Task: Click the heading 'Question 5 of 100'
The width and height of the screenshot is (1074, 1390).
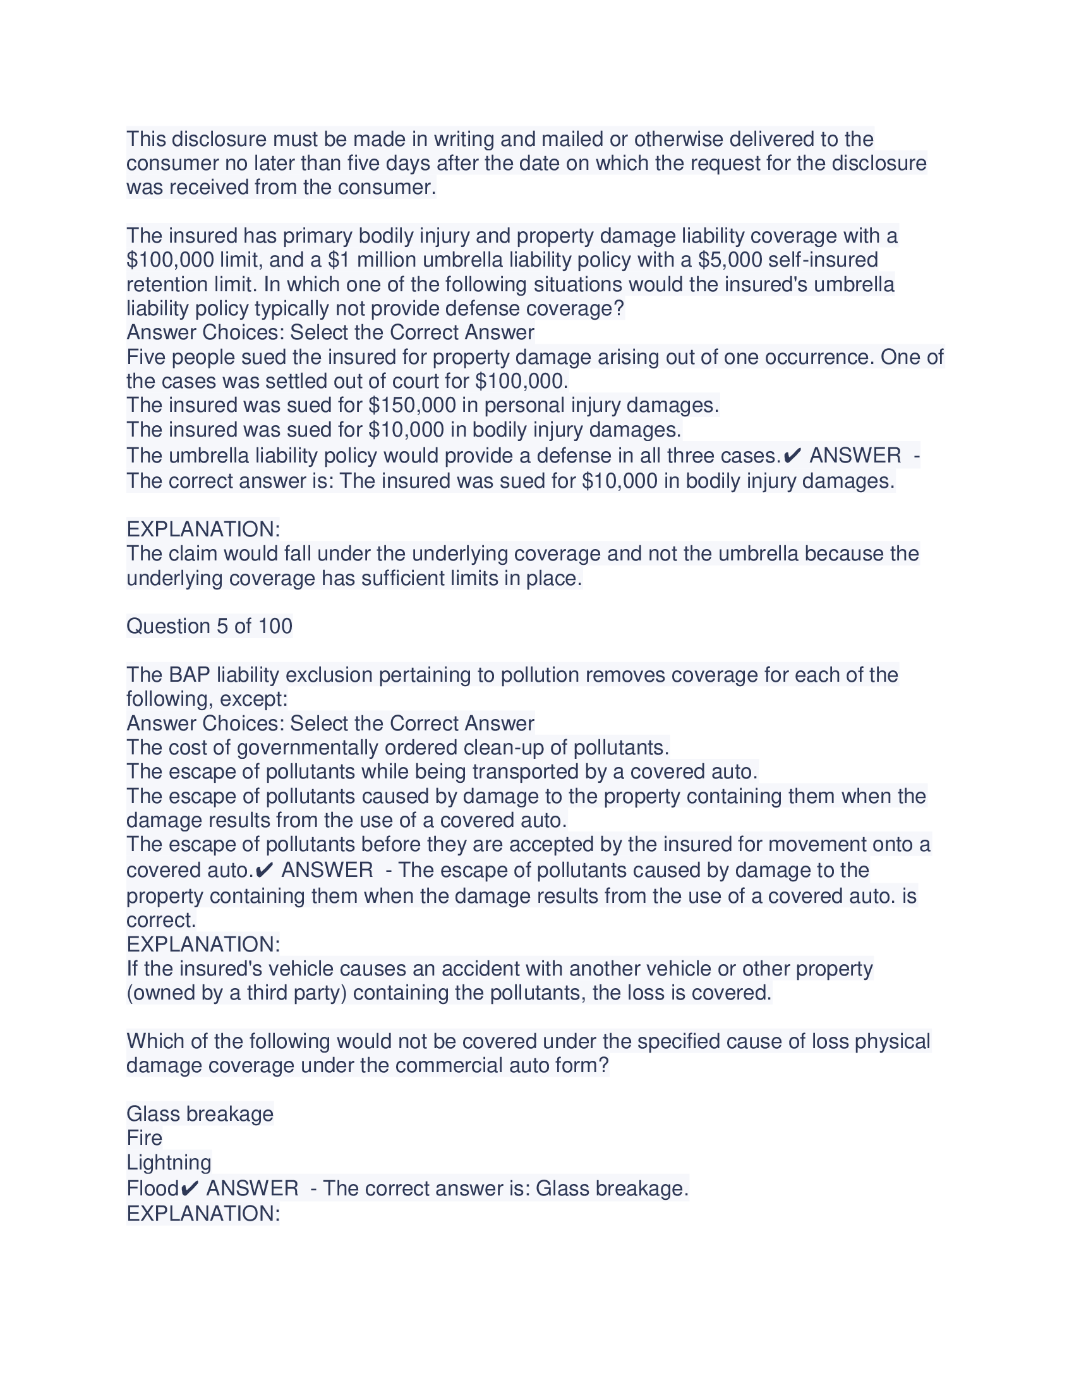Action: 209,626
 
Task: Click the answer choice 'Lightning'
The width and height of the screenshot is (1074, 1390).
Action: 169,1162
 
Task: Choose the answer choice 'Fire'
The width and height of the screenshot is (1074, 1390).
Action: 145,1138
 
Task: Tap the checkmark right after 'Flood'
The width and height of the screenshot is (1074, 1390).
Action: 190,1188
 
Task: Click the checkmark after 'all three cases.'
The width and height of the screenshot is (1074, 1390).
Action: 792,456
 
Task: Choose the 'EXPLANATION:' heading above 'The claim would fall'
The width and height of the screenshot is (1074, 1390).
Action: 203,529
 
